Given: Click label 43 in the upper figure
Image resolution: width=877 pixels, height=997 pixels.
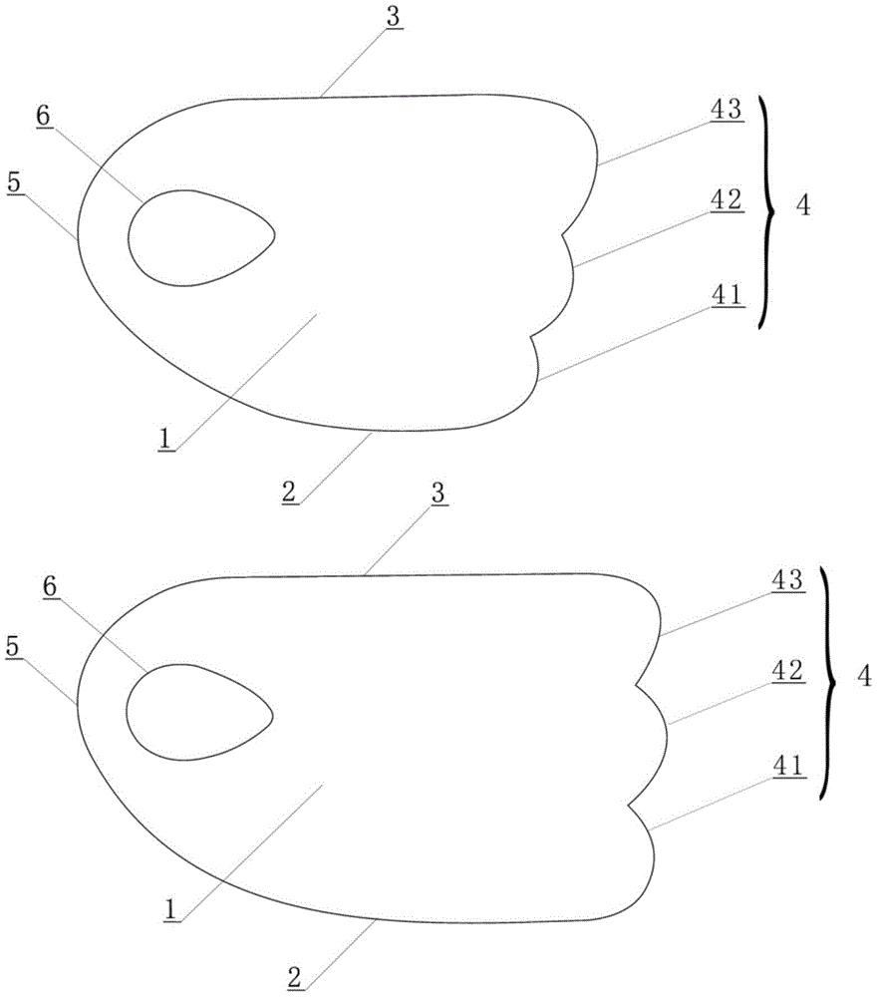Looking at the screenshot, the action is click(727, 110).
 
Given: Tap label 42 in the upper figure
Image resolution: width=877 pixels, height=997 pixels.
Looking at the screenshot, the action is click(727, 200).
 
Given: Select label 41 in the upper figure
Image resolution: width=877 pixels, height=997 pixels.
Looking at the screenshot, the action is click(727, 295).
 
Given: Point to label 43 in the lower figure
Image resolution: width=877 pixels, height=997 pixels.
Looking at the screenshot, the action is click(788, 580).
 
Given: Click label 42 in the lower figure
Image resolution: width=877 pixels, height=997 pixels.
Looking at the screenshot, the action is click(788, 671).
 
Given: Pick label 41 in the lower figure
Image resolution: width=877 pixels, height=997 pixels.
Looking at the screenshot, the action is click(788, 766).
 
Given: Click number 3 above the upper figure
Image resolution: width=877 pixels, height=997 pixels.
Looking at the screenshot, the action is click(394, 17).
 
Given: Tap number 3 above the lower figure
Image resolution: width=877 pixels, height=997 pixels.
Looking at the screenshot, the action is click(438, 494).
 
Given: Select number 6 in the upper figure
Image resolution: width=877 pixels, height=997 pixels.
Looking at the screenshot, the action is click(44, 117).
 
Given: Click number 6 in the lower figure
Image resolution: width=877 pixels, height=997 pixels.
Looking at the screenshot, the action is click(50, 587).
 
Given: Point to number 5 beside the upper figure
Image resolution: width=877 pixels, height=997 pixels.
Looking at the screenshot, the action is click(14, 182).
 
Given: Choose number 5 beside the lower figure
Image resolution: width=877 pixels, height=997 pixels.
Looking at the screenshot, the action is click(13, 647).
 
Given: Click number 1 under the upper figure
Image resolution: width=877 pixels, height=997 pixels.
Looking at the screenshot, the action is click(165, 439).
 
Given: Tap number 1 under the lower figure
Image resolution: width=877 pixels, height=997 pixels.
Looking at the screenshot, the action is click(170, 909).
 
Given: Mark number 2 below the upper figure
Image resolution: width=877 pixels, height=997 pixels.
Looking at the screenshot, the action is click(289, 492).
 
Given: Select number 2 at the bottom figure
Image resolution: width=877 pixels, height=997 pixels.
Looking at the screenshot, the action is click(294, 977).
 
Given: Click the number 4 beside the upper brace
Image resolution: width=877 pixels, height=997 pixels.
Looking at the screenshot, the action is click(804, 205).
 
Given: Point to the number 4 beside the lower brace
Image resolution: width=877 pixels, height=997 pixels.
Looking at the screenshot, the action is click(864, 677).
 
